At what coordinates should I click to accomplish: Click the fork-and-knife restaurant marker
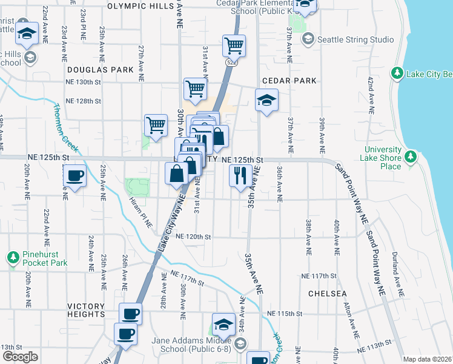coord(240,175)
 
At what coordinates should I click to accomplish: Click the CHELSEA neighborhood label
coord(327,294)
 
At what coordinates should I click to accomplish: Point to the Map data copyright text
coord(428,359)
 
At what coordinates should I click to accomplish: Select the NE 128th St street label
coord(83,101)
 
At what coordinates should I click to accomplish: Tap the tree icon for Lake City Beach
coord(397,73)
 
